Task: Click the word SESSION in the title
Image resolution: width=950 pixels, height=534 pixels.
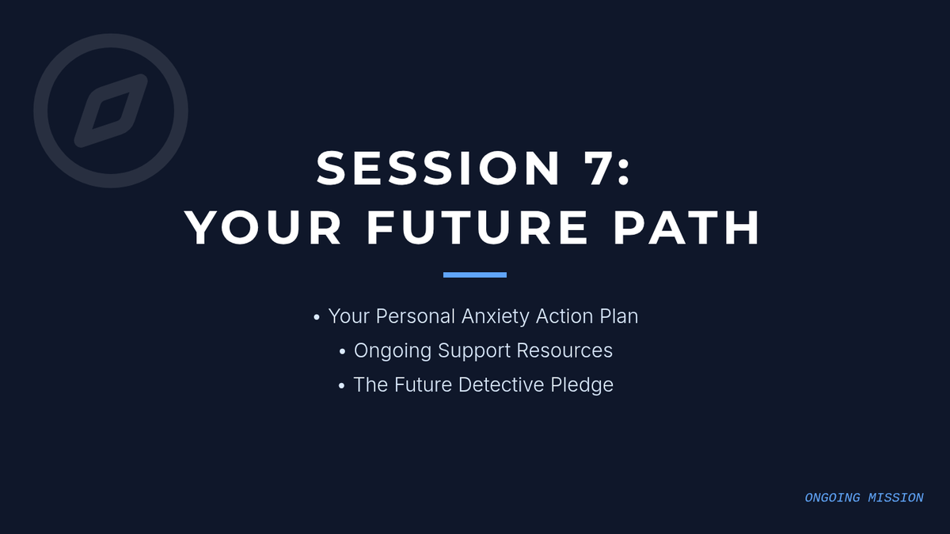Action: (439, 169)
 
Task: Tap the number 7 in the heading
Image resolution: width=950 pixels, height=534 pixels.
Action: (598, 169)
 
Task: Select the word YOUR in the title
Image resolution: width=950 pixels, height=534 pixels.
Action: (263, 228)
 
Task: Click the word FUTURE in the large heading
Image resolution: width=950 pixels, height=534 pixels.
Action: (477, 228)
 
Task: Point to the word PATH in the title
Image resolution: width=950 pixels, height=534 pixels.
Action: (686, 228)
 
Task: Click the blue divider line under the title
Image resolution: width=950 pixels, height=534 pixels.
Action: (474, 275)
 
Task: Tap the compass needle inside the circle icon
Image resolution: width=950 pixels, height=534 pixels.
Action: (111, 111)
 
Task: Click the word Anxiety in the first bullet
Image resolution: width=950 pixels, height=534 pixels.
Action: (496, 316)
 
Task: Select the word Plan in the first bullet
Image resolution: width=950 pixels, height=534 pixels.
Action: (618, 316)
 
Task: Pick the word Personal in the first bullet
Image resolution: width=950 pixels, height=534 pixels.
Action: (415, 316)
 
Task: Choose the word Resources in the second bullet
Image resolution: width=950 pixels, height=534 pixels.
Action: (564, 350)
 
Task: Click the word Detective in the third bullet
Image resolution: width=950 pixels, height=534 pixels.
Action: (501, 384)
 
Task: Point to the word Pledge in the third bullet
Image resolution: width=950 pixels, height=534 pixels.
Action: (582, 385)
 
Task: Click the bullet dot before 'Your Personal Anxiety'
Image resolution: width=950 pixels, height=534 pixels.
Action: (317, 317)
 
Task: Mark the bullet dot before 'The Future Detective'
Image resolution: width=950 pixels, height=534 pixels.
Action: (341, 386)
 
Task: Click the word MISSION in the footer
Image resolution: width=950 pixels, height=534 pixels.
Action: (895, 498)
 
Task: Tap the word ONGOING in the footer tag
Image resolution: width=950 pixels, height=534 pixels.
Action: (833, 498)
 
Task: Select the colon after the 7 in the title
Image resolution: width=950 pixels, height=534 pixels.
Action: (624, 174)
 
